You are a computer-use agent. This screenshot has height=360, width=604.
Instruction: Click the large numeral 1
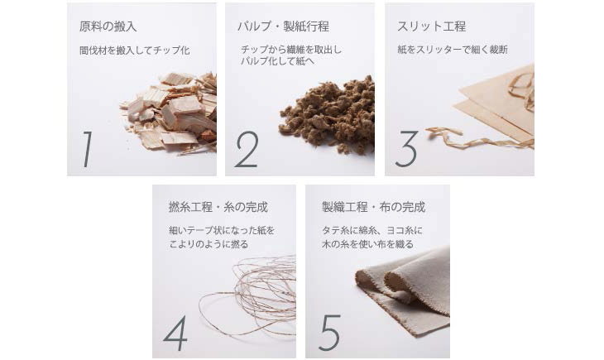pyautogui.click(x=89, y=150)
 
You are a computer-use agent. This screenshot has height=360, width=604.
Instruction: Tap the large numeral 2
pyautogui.click(x=247, y=150)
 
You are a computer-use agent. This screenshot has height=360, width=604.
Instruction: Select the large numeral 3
pyautogui.click(x=406, y=149)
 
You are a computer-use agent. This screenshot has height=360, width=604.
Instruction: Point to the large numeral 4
pyautogui.click(x=175, y=333)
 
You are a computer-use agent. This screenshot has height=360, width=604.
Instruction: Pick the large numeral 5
pyautogui.click(x=330, y=332)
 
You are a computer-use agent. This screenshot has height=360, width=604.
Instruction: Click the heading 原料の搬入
pyautogui.click(x=108, y=26)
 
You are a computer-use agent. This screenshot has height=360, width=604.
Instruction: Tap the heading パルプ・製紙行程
pyautogui.click(x=283, y=26)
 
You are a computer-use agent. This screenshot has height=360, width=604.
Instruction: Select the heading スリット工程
pyautogui.click(x=431, y=26)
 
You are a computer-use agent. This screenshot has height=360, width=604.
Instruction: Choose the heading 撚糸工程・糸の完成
pyautogui.click(x=218, y=208)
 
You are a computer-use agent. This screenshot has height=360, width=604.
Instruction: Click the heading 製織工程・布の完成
pyautogui.click(x=374, y=208)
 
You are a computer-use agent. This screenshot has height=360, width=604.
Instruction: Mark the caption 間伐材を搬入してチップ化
pyautogui.click(x=134, y=50)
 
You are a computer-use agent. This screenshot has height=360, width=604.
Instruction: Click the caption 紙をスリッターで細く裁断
pyautogui.click(x=453, y=50)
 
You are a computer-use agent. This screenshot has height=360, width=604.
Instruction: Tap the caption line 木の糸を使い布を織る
pyautogui.click(x=367, y=244)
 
